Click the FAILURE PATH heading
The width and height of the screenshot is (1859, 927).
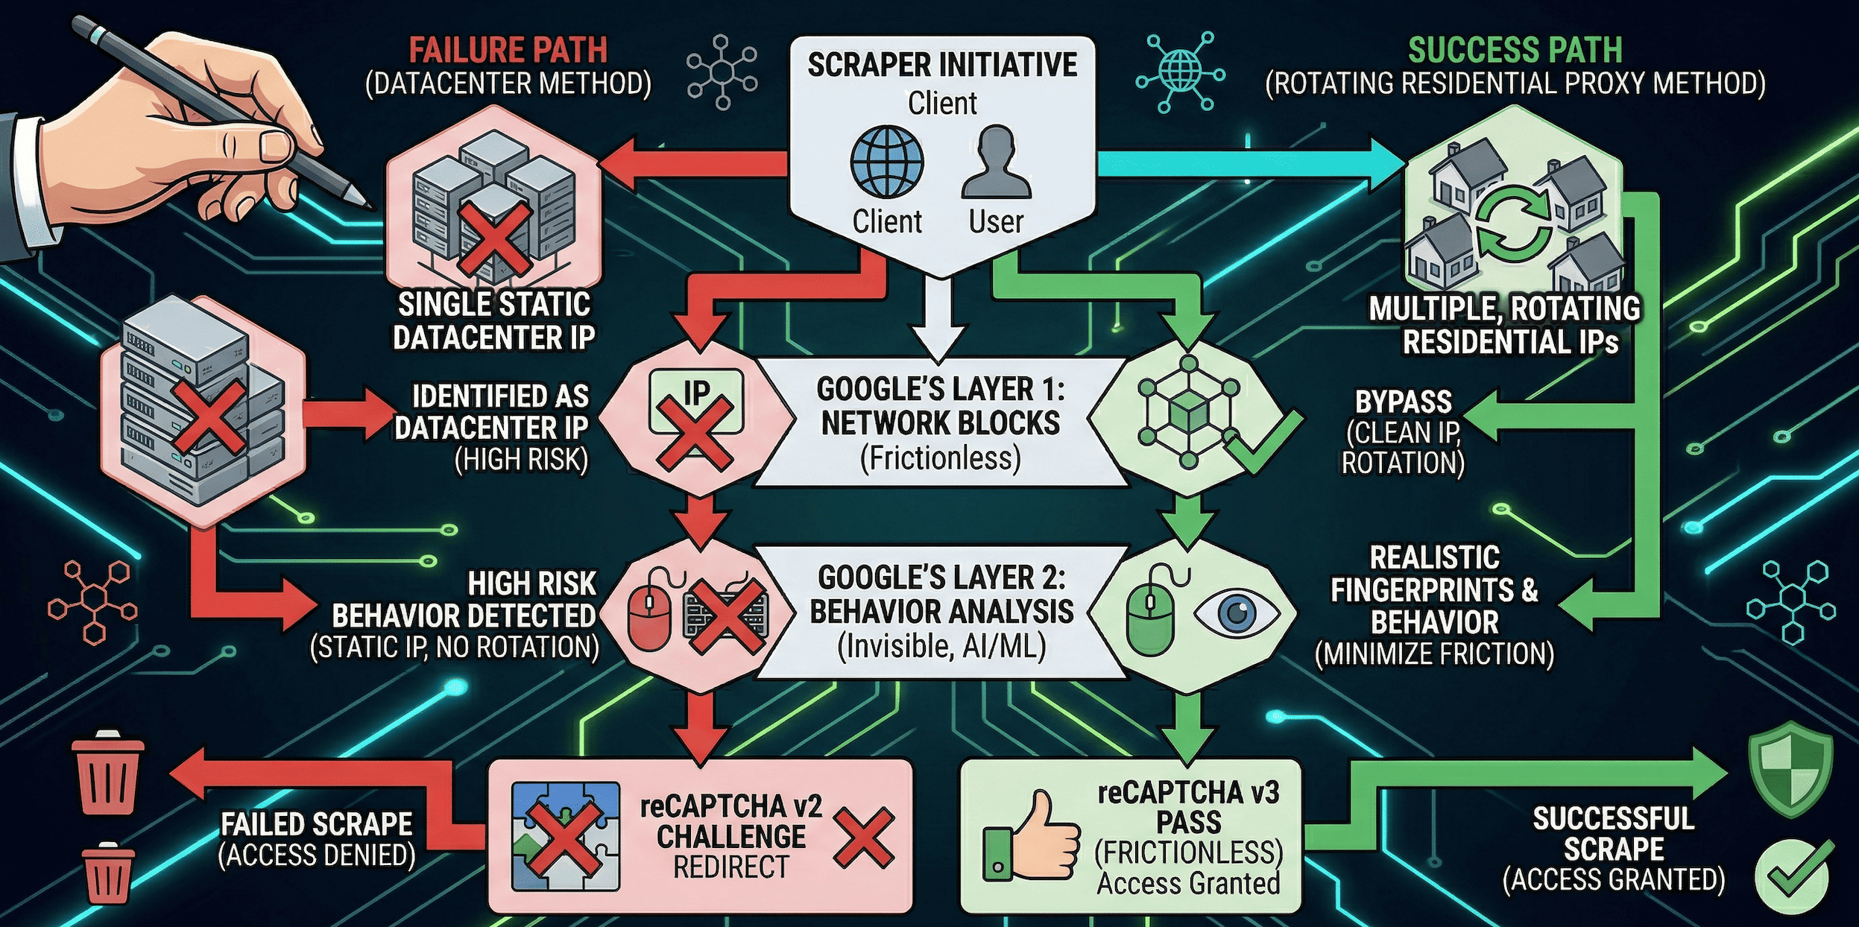pyautogui.click(x=508, y=51)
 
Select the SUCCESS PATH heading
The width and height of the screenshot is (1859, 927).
pyautogui.click(x=1515, y=51)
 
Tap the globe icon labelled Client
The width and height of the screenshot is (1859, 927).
pyautogui.click(x=886, y=162)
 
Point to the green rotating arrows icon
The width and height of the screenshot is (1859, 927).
pyautogui.click(x=1513, y=222)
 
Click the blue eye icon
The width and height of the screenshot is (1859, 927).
pyautogui.click(x=1237, y=613)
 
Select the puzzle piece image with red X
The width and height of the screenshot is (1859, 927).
pyautogui.click(x=565, y=836)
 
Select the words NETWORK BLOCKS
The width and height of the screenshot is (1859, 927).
pyautogui.click(x=941, y=423)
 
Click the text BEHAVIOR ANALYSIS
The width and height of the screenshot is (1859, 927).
pyautogui.click(x=941, y=612)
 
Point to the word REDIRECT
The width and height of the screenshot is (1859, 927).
pyautogui.click(x=730, y=867)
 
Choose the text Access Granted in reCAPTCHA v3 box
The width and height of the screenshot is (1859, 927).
pyautogui.click(x=1188, y=884)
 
